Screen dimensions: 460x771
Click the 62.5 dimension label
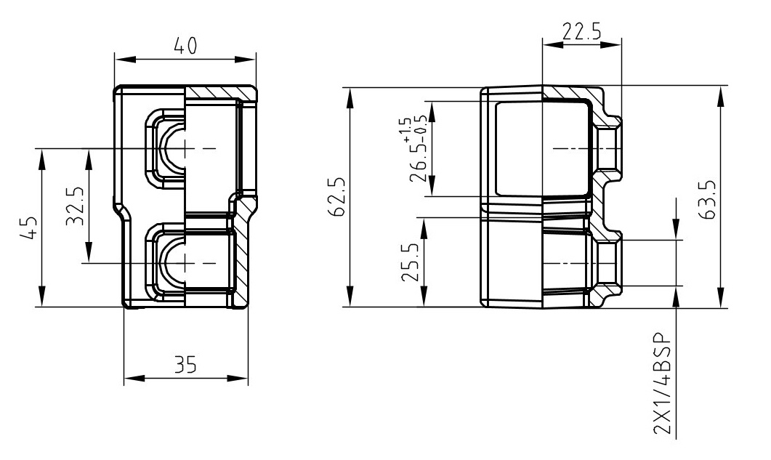[335, 195]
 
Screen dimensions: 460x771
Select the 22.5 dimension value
[582, 31]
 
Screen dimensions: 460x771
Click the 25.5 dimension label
[411, 267]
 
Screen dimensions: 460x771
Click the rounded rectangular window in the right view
[541, 148]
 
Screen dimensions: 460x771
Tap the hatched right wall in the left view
[242, 251]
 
